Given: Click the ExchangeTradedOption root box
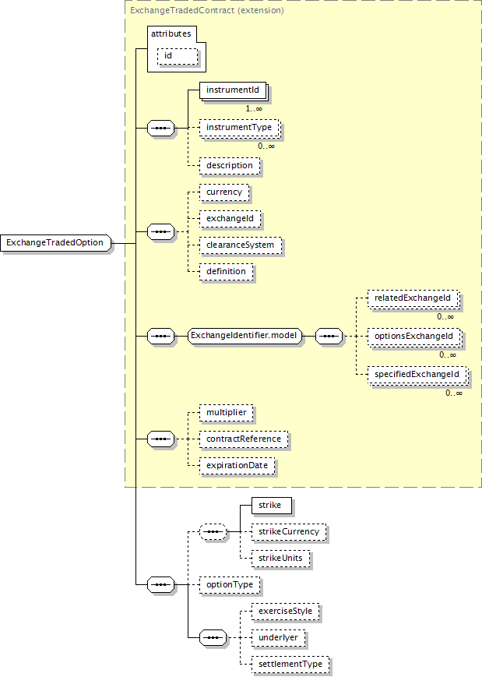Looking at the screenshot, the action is coord(55,242).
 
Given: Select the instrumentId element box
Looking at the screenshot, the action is coord(233,90).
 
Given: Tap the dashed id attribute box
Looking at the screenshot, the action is coord(178,56).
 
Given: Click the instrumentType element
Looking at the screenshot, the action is coord(240,128).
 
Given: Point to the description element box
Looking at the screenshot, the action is coord(230,166).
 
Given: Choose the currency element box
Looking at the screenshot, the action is coord(224,192).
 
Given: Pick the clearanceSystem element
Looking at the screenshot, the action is coord(241,245).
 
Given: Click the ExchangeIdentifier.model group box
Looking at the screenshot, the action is coord(245,336).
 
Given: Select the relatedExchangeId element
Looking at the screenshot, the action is coord(413,298).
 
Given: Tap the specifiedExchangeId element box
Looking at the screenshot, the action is coord(417,375).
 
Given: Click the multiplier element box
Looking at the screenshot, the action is coord(227,413).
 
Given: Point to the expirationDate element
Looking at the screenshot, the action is coord(237,466).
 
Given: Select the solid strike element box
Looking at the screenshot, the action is coord(272,506).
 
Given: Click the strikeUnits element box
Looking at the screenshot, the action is coord(281,559).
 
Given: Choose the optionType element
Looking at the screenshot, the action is coord(230,585).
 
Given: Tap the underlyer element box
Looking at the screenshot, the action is coord(278,638).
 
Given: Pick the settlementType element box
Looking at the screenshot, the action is coord(290,665).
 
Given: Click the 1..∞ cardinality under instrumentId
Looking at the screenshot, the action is coord(254,109).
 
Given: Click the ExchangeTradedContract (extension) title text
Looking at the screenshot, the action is coord(207,10).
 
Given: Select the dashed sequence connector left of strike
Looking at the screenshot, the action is coord(213,532).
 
